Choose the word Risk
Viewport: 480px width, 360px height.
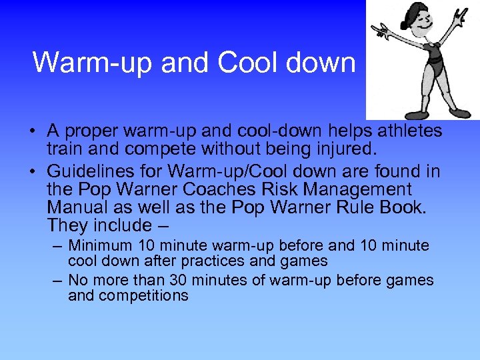point(311,190)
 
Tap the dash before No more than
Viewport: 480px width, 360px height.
point(57,280)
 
